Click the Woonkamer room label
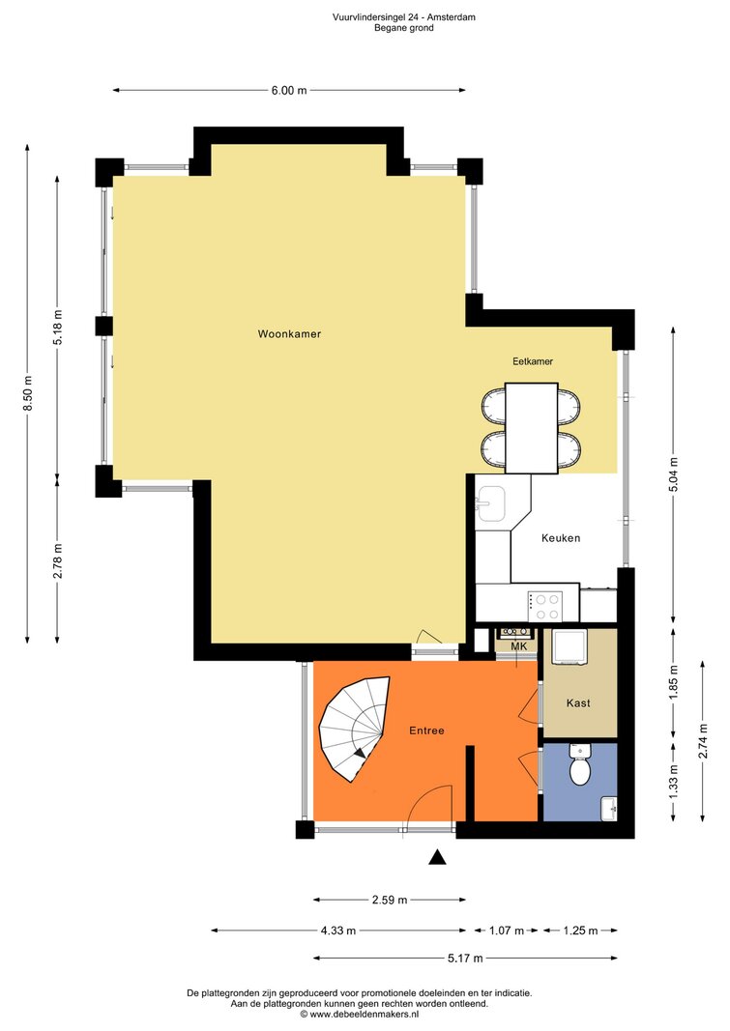(x=289, y=334)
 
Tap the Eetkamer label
(x=533, y=361)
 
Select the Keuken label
(x=561, y=538)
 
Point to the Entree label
(x=426, y=730)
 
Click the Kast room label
(x=578, y=702)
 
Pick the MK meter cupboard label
(x=519, y=646)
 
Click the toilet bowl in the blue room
(x=579, y=766)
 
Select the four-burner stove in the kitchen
(x=544, y=606)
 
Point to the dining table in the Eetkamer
(x=532, y=428)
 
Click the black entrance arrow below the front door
(x=437, y=857)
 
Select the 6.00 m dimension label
(x=289, y=91)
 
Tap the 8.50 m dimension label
(x=28, y=393)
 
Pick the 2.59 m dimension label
(x=390, y=900)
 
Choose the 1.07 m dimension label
(x=507, y=931)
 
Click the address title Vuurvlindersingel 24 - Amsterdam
(x=404, y=17)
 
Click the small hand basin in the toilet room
(x=609, y=808)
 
